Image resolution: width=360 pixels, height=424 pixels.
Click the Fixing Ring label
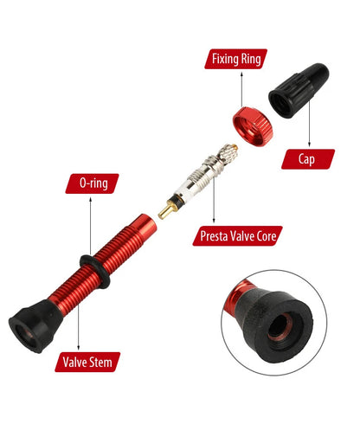coord(236,59)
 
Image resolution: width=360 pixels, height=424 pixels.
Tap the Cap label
coord(308,159)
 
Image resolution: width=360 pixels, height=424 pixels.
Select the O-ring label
coord(93,183)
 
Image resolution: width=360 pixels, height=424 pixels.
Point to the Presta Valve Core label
coord(237,236)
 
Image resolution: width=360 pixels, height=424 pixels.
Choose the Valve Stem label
coord(87,362)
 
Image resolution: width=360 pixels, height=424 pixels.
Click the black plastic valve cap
coord(299,90)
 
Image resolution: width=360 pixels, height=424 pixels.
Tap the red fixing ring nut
coord(253,126)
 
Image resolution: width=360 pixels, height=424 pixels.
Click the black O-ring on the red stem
coord(95,271)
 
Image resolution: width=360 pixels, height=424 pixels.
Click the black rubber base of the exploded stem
coord(35,325)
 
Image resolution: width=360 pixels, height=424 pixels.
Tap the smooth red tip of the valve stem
coord(147,225)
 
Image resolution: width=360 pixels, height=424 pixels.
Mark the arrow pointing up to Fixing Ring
coord(241,89)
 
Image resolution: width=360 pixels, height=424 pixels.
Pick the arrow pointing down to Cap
coord(309,124)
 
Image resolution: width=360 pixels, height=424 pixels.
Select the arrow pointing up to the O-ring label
coord(91,226)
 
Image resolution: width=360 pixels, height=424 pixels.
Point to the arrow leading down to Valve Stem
coord(78,325)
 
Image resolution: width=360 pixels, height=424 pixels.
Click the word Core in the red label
coord(265,236)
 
